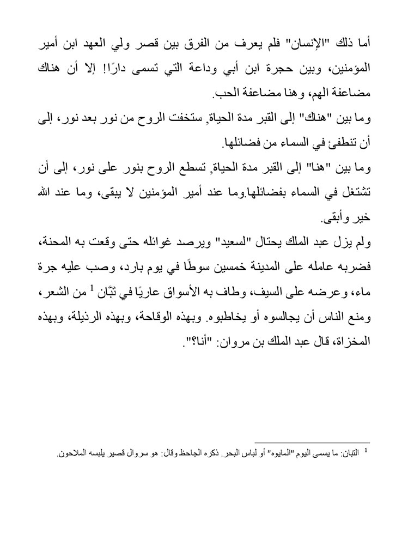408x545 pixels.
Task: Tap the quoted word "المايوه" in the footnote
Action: (268, 453)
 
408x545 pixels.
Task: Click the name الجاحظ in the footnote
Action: (173, 453)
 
